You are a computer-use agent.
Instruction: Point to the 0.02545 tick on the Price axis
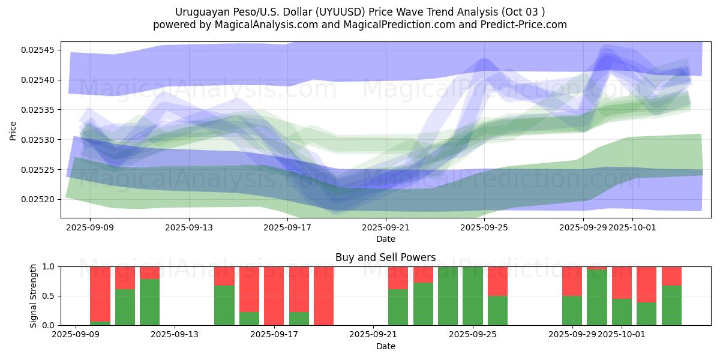point(37,50)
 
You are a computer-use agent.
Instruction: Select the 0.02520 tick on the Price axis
point(37,199)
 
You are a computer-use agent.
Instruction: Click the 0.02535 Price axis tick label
point(37,110)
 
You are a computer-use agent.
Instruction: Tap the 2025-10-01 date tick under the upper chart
point(632,228)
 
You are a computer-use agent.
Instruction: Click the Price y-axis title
point(13,130)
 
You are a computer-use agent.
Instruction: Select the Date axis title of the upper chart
point(386,239)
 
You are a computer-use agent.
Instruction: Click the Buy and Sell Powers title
point(386,258)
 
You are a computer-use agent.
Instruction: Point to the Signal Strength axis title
point(34,296)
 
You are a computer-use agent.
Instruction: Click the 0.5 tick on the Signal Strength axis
point(47,296)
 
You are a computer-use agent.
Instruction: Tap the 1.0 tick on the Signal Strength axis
point(47,266)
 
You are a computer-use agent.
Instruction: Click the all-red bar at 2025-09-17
point(274,296)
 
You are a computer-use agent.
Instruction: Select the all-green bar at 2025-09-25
point(473,296)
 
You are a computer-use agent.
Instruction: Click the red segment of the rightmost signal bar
point(671,275)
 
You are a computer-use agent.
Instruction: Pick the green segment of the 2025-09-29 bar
point(572,311)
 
